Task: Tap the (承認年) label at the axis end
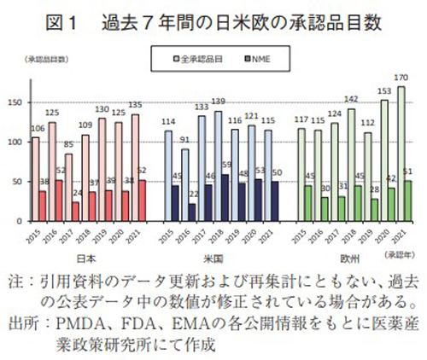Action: click(x=401, y=253)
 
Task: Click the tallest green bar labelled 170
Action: click(x=401, y=154)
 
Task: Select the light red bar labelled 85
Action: click(x=68, y=188)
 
